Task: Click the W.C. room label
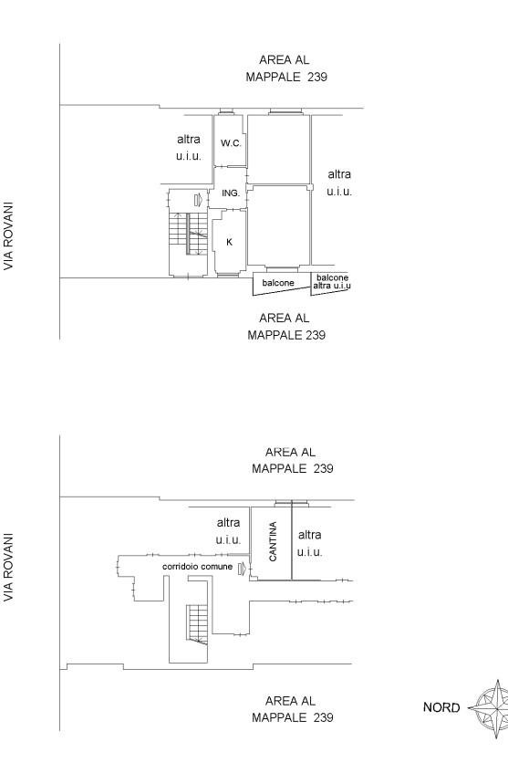(x=231, y=143)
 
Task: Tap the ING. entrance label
(x=231, y=193)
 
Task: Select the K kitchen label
(x=230, y=242)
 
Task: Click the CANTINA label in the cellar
(x=273, y=541)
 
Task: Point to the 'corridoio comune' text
(x=197, y=567)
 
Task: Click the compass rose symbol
(x=491, y=708)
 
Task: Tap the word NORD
(x=441, y=707)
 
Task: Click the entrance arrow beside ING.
(x=198, y=200)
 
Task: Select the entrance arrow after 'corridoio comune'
(x=242, y=569)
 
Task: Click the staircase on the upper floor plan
(x=188, y=234)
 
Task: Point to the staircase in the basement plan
(x=197, y=624)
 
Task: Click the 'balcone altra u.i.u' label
(x=332, y=282)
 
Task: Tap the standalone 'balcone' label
(x=278, y=283)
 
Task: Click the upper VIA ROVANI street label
(x=8, y=236)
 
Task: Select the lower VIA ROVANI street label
(x=8, y=568)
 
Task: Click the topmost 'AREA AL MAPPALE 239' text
(x=285, y=68)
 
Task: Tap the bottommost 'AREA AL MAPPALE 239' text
(x=292, y=709)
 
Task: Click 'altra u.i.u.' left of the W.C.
(x=189, y=148)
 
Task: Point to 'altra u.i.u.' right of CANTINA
(x=310, y=544)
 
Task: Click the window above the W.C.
(x=225, y=112)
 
